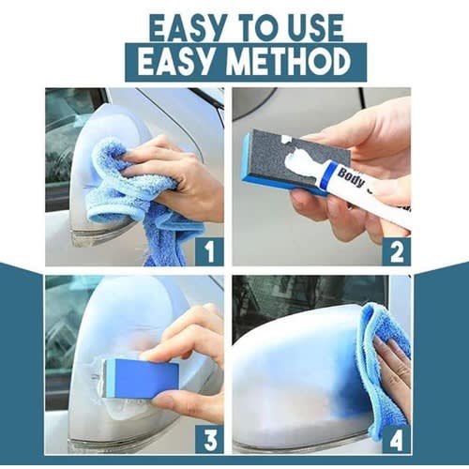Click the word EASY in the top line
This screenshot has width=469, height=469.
tap(187, 28)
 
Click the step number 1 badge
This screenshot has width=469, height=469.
tap(209, 251)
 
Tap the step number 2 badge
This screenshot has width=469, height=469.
tap(397, 251)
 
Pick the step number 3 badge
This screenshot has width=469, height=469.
tap(209, 439)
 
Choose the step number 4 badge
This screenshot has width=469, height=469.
tap(397, 439)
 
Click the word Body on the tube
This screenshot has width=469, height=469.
tap(352, 177)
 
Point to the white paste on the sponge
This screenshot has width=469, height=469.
tap(300, 159)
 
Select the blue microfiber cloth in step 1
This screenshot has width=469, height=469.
tap(138, 194)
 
